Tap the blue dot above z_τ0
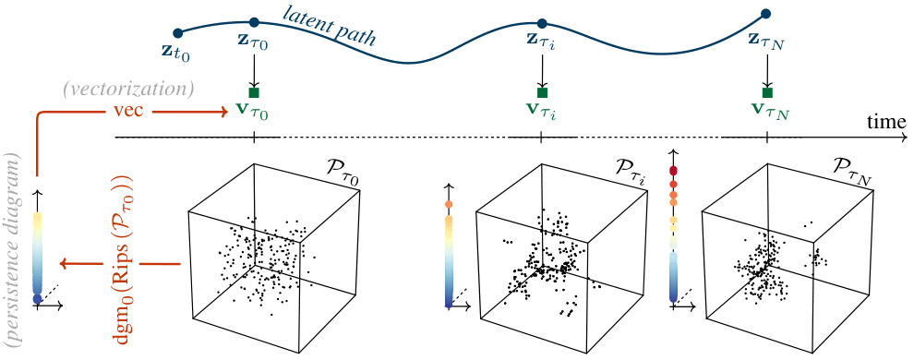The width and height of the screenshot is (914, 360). (x=254, y=20)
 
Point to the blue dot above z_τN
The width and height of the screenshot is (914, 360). (x=766, y=13)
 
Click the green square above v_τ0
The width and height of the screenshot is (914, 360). (x=254, y=92)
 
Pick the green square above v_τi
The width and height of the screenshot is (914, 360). (x=542, y=92)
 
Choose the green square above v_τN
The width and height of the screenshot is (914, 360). (x=766, y=92)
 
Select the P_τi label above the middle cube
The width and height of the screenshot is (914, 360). (x=631, y=172)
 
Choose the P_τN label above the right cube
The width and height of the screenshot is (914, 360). (x=858, y=172)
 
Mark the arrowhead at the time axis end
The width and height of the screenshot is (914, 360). (x=901, y=138)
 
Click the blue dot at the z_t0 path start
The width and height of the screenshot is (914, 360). (x=177, y=33)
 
